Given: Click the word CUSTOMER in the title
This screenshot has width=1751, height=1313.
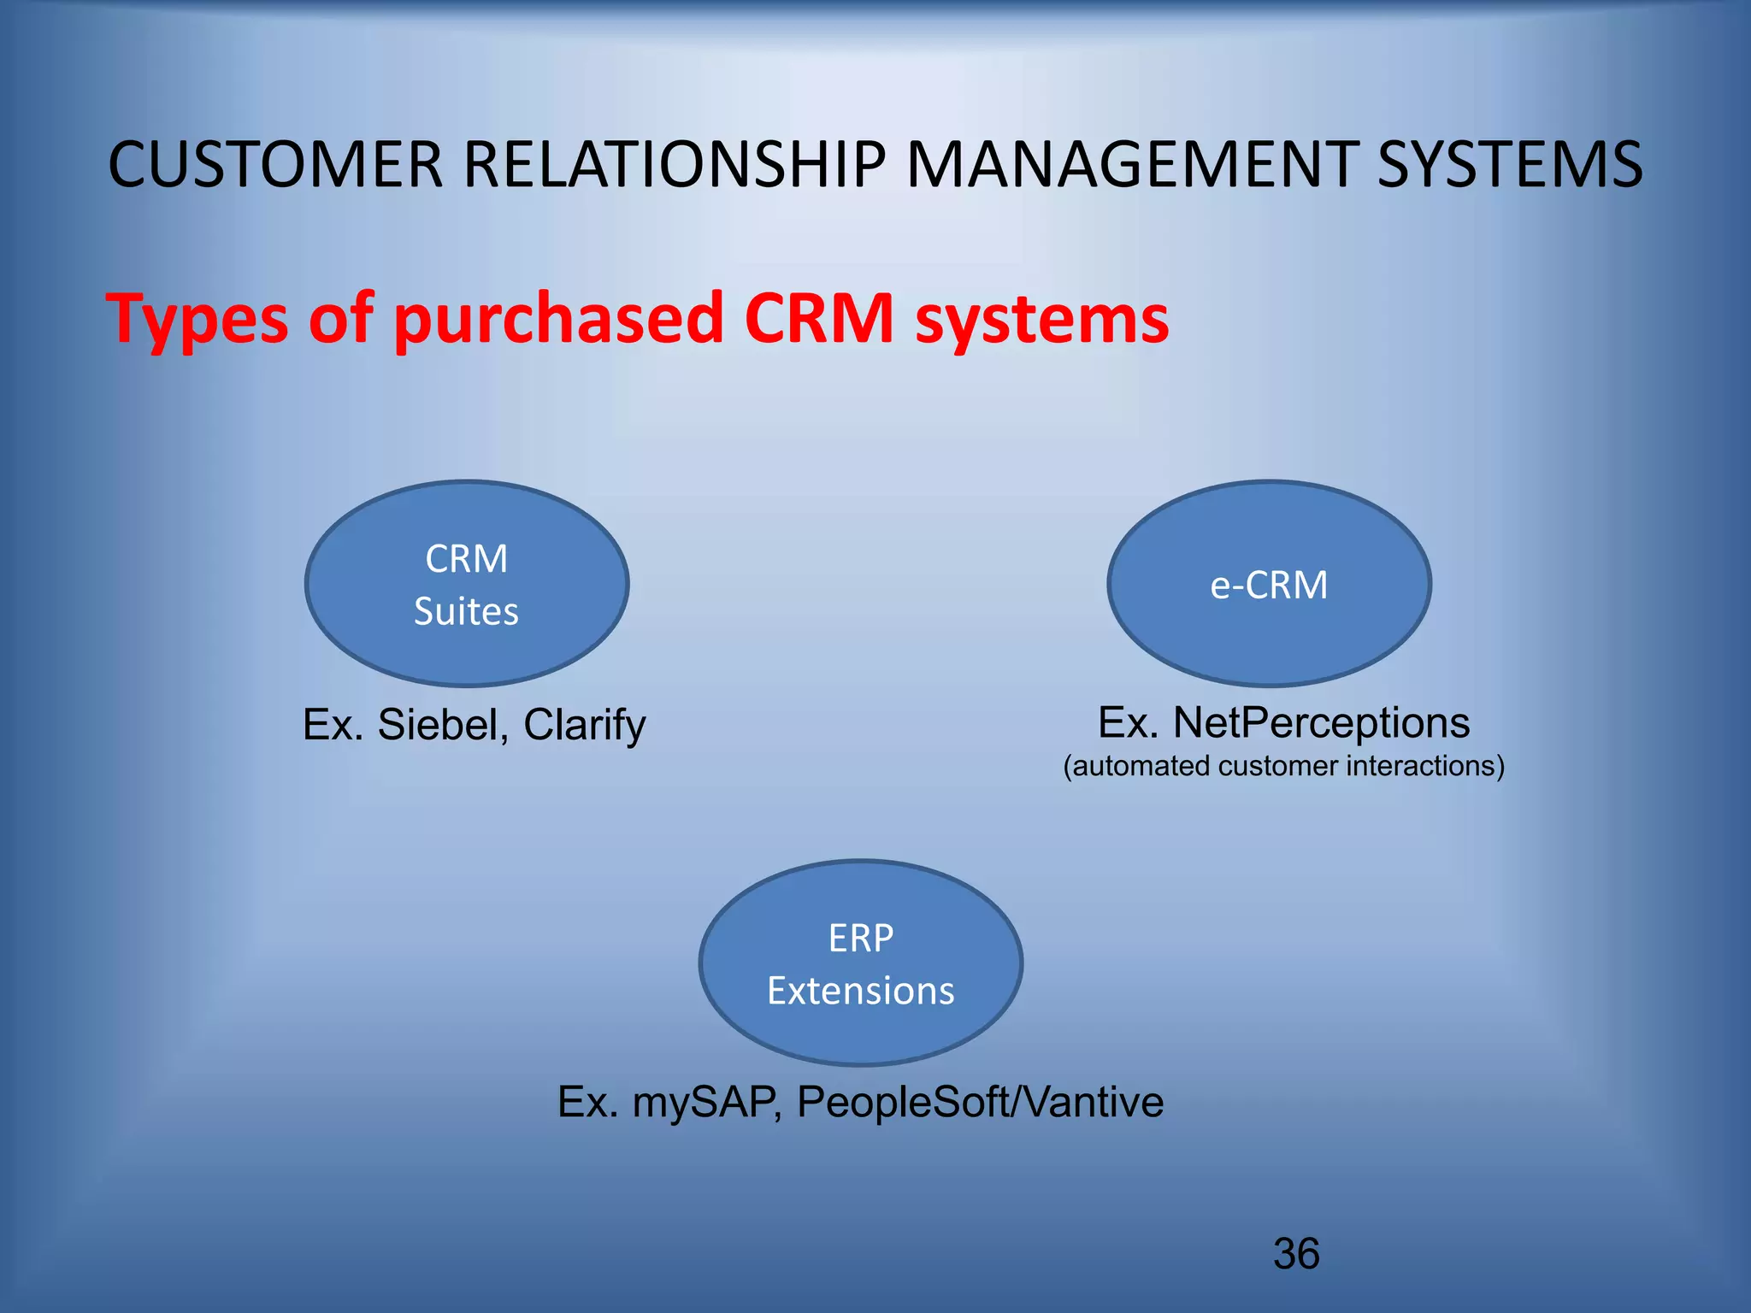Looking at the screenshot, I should pos(275,164).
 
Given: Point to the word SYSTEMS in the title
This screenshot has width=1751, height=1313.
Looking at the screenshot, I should pos(1510,164).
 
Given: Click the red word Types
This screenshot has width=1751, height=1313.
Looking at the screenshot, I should pos(197,319).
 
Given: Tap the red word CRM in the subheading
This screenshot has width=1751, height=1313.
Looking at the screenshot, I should pos(819,319).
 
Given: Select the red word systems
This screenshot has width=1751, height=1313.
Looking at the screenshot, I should pos(1042,319).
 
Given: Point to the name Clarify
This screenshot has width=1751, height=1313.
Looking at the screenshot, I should pos(585,725).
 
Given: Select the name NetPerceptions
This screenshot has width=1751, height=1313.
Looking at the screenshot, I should pos(1321,723).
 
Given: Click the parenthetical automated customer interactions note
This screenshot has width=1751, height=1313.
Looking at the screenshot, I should pos(1283,766).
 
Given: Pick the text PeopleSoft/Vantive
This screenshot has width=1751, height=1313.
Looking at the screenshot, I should pos(980,1102).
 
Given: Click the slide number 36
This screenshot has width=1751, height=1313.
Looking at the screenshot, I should pos(1296,1254).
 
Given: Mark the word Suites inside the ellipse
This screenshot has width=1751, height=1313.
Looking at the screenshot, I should pos(467,612).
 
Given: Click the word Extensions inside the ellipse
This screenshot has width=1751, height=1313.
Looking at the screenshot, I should pos(861,991).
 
